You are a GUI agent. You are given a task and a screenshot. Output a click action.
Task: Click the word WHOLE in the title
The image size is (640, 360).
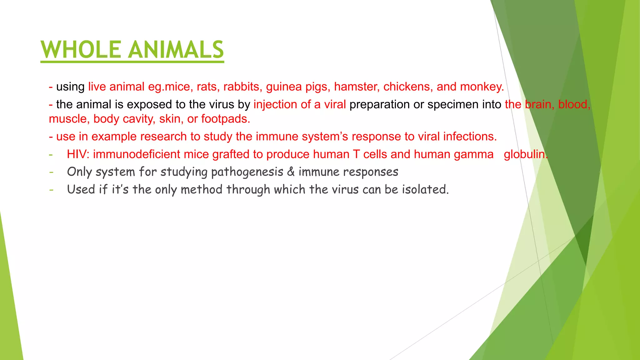click(x=81, y=50)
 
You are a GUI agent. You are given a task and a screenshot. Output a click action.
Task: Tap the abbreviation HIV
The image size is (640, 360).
click(x=78, y=154)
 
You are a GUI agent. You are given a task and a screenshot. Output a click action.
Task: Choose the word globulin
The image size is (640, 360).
click(x=526, y=154)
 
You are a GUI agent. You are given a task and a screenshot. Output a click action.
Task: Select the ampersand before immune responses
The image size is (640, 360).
click(x=291, y=172)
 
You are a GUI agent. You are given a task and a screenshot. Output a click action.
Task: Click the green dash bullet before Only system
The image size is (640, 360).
click(x=51, y=172)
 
